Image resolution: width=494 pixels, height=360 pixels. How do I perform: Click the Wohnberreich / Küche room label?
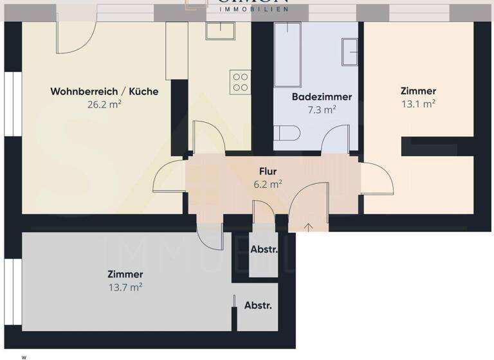[x=104, y=91]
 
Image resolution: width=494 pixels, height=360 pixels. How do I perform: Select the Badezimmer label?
[x=322, y=97]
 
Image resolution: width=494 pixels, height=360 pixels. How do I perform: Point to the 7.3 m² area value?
[x=322, y=109]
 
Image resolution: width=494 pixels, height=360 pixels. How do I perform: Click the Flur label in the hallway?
[x=268, y=172]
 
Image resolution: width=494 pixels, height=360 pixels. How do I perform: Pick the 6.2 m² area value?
[x=268, y=184]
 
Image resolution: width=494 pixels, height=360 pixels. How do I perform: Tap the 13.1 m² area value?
[x=418, y=104]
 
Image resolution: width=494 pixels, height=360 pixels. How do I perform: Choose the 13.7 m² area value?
[x=125, y=287]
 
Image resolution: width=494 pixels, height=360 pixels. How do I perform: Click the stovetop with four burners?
[x=240, y=82]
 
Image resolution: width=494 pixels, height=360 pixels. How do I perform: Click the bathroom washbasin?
[x=351, y=51]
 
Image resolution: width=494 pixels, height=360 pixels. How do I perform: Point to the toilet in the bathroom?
[x=286, y=134]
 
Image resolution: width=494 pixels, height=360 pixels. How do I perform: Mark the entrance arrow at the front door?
[x=309, y=226]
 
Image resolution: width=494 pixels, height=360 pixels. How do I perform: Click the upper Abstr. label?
[x=264, y=250]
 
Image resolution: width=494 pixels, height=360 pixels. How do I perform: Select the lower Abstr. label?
[x=258, y=306]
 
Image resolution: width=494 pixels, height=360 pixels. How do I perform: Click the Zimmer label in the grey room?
[x=125, y=274]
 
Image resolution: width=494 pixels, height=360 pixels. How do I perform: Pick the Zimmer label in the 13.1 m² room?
[x=418, y=91]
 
